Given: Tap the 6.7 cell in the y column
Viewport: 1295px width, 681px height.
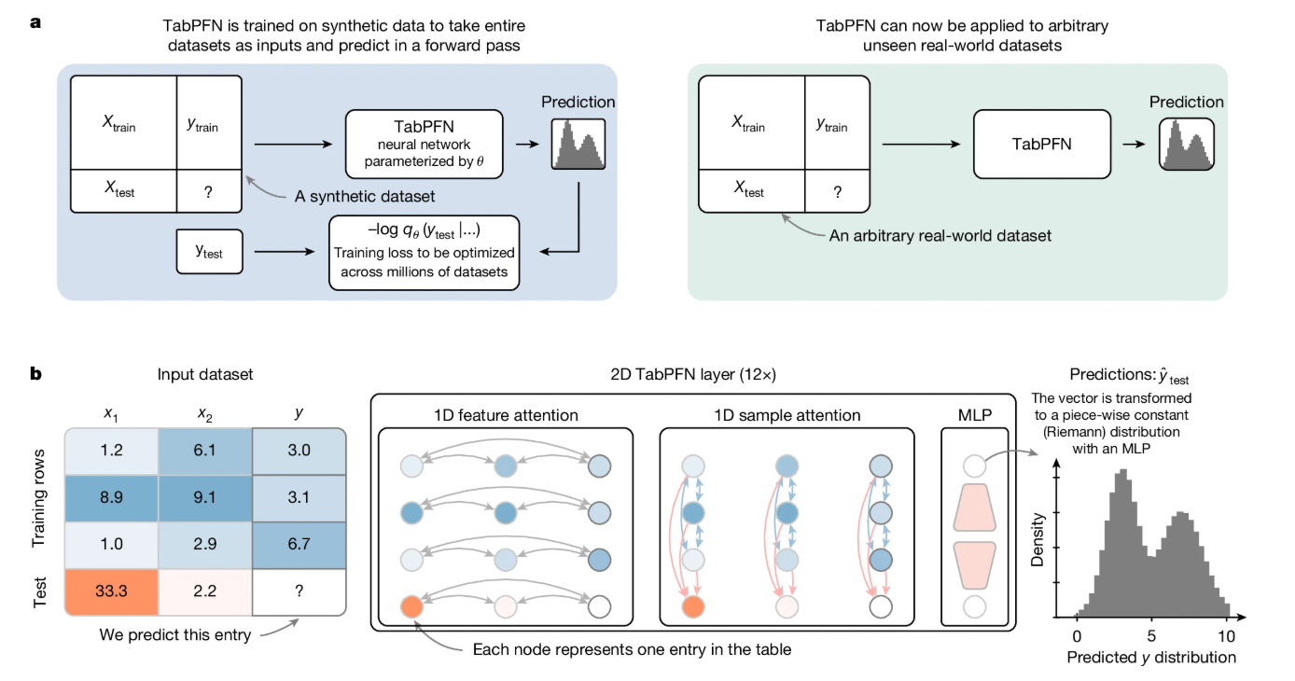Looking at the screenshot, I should [299, 546].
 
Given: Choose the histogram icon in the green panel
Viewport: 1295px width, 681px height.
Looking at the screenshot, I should [1186, 144].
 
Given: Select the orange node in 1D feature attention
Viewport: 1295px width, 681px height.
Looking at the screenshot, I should [411, 607].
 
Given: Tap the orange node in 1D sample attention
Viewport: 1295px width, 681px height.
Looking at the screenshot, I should [692, 607].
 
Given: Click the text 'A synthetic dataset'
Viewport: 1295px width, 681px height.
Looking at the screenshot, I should [365, 197].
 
